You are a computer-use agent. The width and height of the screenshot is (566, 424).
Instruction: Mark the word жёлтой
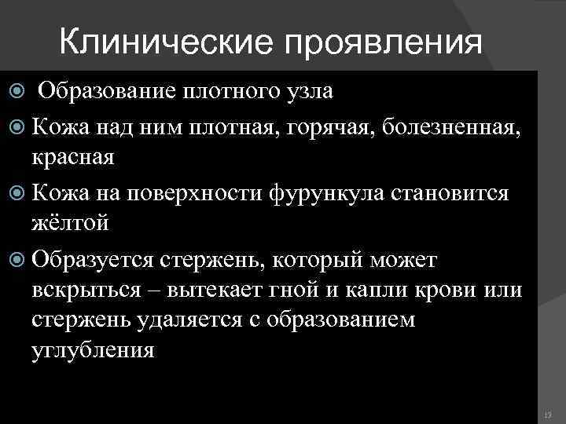click(x=70, y=223)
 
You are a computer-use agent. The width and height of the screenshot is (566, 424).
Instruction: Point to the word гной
click(x=291, y=290)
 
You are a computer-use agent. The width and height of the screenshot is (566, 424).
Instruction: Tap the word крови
click(x=455, y=290)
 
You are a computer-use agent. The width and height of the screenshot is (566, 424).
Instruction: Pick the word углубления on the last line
click(x=94, y=350)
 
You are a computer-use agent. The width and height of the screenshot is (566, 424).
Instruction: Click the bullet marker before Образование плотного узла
click(x=17, y=92)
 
